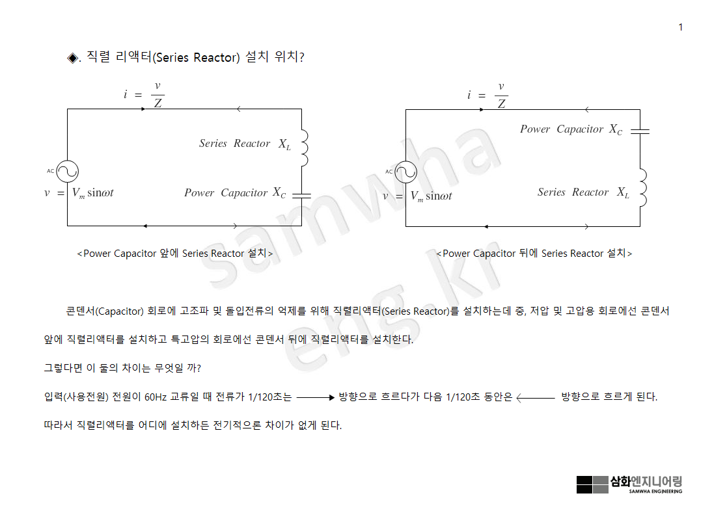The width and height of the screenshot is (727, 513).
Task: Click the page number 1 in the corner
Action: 680,27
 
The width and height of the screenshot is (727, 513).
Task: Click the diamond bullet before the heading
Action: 72,58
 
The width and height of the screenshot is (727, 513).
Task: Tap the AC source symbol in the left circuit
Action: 67,172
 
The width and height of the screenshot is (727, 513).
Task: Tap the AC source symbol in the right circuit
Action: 405,172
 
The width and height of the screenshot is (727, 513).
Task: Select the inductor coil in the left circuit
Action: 303,148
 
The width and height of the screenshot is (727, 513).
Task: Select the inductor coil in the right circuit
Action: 642,187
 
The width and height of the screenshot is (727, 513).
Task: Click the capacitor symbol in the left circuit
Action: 301,194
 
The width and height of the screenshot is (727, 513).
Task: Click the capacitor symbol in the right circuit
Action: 640,131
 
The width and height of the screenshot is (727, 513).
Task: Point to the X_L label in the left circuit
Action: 284,144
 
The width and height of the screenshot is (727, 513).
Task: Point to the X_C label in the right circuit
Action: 616,129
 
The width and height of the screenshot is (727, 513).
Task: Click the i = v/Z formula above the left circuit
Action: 144,94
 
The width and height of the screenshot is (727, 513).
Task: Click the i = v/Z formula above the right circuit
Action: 487,95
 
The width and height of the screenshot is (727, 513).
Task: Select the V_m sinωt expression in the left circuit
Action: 92,193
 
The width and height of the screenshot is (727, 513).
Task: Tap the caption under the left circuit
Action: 175,254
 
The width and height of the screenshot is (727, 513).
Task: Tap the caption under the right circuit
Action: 534,254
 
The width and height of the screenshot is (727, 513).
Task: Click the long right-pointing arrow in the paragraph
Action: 316,397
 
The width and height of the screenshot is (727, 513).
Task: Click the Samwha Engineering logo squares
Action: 592,484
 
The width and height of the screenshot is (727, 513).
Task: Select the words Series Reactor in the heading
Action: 196,58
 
